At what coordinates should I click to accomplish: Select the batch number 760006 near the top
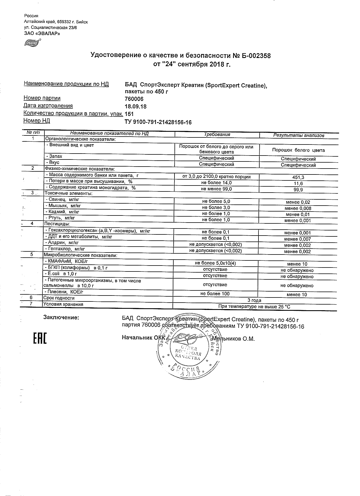tap(134, 99)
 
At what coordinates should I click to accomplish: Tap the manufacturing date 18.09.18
tap(136, 107)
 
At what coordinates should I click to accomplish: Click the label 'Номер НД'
tap(37, 121)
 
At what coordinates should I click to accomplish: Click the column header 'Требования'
tap(217, 135)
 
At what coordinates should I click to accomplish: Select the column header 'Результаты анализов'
tap(298, 135)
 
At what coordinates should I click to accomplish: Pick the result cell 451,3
tap(298, 177)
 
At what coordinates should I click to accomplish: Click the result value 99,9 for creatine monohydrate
tap(298, 190)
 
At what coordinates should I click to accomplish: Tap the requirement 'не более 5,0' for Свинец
tap(216, 201)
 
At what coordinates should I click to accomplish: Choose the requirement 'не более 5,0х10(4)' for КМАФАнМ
tap(215, 263)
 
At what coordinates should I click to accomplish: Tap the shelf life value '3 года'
tap(254, 300)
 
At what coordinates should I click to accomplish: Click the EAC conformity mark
tap(40, 339)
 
